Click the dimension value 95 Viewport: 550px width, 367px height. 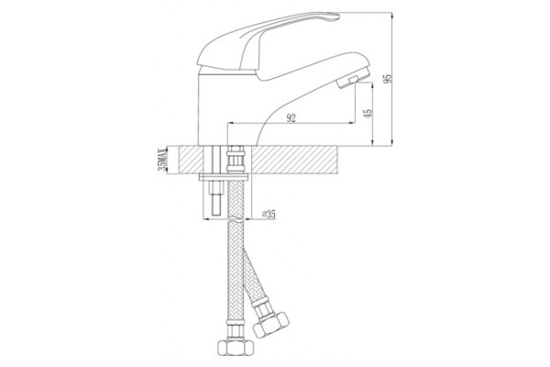coord(387,79)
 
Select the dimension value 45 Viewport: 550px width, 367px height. coord(368,113)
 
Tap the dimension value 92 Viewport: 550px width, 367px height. coord(291,118)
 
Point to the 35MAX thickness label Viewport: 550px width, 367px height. coord(161,160)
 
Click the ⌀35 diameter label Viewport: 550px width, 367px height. coord(269,214)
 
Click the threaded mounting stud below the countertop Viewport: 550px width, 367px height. coord(215,198)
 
